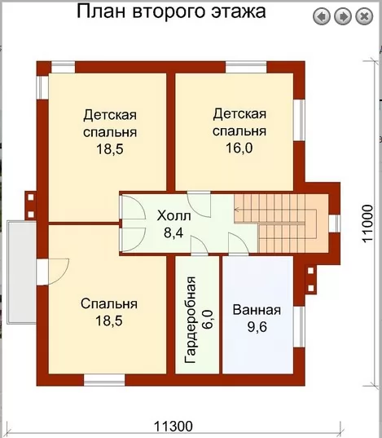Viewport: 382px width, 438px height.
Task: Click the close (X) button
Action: (364, 16)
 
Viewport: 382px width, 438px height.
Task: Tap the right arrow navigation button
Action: (343, 16)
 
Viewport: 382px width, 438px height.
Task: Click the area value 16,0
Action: (239, 148)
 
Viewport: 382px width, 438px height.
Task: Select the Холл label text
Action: (173, 216)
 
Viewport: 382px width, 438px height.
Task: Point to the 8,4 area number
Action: (173, 232)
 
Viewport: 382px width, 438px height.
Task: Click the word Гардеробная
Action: (191, 320)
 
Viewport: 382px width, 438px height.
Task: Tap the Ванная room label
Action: (257, 310)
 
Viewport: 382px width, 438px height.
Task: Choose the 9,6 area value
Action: (257, 327)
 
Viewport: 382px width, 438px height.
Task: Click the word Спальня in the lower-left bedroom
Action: (109, 304)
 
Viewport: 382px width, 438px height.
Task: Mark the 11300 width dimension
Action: (173, 427)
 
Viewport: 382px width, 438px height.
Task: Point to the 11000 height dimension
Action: (368, 224)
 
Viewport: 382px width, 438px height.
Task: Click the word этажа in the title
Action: (238, 11)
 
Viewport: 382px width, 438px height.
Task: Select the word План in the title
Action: (101, 11)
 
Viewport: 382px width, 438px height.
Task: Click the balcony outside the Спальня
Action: (21, 272)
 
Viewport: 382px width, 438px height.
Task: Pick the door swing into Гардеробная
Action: (200, 245)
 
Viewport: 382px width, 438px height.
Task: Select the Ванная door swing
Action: (239, 244)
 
